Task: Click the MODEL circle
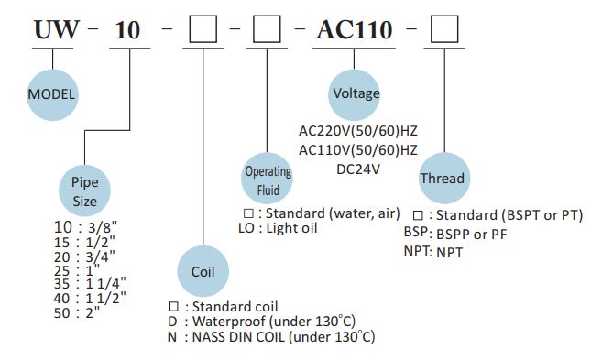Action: coord(52,93)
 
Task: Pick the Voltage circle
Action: coord(356,93)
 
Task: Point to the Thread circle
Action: coord(442,179)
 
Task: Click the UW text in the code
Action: coord(53,31)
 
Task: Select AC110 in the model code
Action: coord(354,31)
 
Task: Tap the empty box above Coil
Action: coord(202,31)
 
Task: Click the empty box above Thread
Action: coord(444,31)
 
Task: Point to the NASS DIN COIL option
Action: coord(270,337)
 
